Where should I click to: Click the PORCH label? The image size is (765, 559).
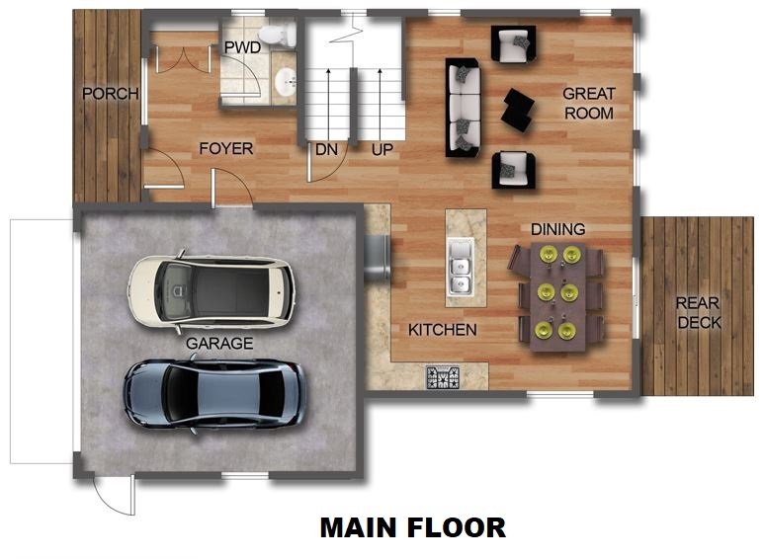[110, 94]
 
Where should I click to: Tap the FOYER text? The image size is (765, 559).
[225, 149]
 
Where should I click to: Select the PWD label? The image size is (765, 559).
[242, 47]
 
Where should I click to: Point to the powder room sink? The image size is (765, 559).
[285, 82]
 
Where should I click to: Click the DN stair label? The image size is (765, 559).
[327, 150]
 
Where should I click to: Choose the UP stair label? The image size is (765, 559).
[382, 150]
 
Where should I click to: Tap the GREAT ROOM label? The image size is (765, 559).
[588, 104]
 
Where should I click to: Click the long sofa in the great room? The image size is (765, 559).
[463, 107]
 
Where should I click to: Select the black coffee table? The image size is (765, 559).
[517, 109]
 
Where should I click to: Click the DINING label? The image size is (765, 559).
[557, 229]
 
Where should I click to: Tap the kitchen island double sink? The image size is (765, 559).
[459, 270]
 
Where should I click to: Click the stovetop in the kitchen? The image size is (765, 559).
[443, 376]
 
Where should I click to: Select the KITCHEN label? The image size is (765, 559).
[443, 330]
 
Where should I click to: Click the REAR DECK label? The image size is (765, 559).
[699, 313]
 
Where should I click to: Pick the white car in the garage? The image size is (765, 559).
[211, 291]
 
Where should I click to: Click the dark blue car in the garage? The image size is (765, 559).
[214, 393]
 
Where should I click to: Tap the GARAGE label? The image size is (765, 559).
[219, 344]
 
